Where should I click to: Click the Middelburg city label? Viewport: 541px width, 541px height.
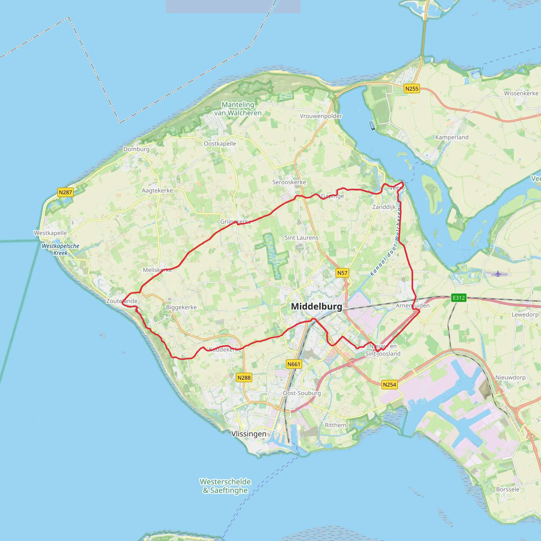316,306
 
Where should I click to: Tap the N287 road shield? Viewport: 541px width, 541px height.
65,192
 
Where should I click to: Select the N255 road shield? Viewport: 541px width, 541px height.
412,89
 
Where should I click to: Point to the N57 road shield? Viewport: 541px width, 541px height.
342,273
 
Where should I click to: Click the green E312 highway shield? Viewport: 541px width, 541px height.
459,298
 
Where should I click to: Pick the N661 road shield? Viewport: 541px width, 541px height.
294,364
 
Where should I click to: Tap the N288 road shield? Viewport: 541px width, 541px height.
244,378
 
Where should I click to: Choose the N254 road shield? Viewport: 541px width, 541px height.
390,384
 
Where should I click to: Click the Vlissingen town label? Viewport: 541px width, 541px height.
249,434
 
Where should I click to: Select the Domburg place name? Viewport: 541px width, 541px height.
136,149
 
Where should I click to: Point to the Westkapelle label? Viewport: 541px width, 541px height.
50,233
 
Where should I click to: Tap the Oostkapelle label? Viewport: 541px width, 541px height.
220,144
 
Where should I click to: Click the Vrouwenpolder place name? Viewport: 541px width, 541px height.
321,116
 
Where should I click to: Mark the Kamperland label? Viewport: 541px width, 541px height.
452,137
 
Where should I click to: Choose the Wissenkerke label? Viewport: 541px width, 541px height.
521,93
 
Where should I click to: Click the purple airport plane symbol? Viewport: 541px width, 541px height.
498,274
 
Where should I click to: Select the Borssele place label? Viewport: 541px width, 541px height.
508,489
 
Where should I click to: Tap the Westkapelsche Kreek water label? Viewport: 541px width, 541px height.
60,249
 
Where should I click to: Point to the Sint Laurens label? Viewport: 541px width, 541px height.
301,238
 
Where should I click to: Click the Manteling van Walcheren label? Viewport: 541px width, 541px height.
238,109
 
